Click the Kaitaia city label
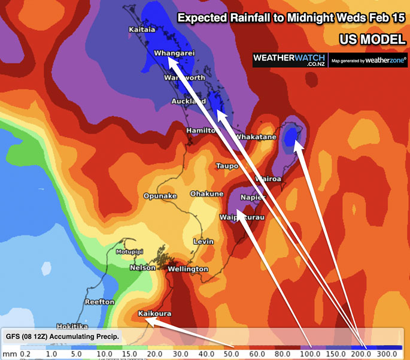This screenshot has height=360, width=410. click(142, 29)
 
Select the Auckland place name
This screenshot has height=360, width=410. click(184, 101)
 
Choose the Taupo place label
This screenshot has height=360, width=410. click(227, 165)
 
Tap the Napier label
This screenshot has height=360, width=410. click(253, 198)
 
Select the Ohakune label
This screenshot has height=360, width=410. click(206, 193)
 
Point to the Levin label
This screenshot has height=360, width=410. click(204, 241)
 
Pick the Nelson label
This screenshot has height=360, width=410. click(142, 268)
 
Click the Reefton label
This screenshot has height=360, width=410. click(99, 302)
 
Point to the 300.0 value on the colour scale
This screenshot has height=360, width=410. click(388, 353)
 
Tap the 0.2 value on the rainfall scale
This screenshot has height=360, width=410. click(25, 353)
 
